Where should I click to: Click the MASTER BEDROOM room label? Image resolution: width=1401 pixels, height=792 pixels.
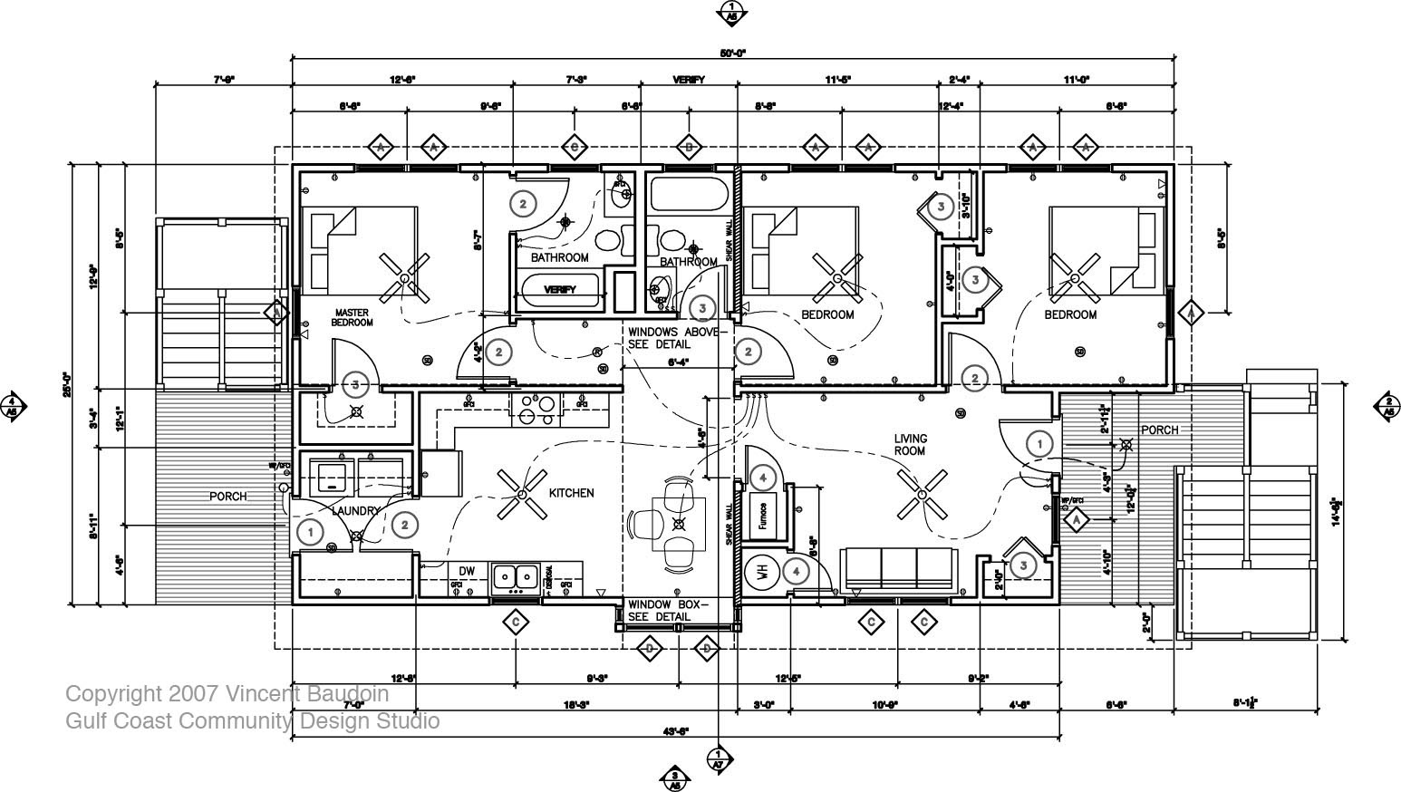click(351, 317)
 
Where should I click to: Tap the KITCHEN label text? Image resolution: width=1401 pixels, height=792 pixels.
click(571, 493)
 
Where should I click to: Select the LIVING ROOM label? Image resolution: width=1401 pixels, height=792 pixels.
click(910, 445)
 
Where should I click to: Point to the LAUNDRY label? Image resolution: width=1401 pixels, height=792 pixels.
click(355, 511)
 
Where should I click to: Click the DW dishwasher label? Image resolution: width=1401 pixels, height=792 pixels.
click(467, 570)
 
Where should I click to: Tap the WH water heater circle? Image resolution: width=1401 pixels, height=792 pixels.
click(762, 572)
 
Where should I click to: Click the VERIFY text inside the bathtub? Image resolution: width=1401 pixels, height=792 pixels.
click(560, 290)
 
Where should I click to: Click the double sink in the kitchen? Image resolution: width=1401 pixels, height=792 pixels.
click(515, 576)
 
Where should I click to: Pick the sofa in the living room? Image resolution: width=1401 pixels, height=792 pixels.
click(897, 568)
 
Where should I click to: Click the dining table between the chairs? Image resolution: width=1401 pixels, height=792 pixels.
click(680, 523)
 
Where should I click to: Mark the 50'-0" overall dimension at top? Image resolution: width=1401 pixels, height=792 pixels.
click(732, 53)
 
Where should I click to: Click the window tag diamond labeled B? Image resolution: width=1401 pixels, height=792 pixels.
click(689, 146)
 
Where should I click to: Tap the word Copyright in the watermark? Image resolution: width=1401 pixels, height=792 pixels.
click(113, 694)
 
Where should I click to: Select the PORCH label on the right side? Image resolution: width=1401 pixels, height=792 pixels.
click(1159, 430)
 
